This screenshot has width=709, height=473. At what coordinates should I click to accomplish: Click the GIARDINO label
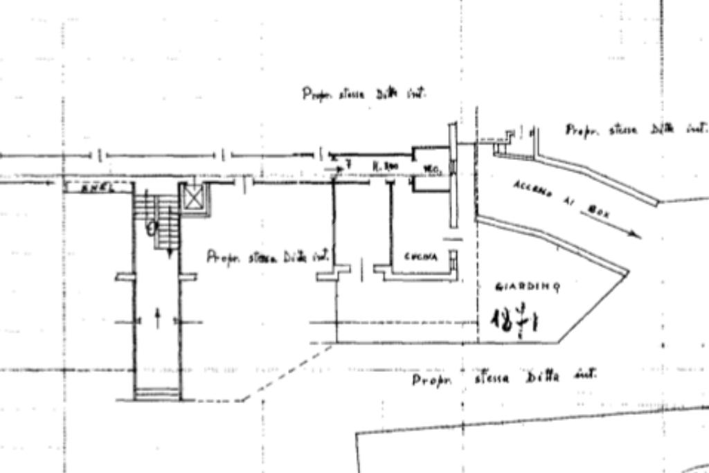pyautogui.click(x=528, y=286)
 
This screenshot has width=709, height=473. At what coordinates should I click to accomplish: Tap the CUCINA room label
pyautogui.click(x=421, y=257)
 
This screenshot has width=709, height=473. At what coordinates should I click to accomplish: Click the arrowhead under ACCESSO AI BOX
pyautogui.click(x=635, y=235)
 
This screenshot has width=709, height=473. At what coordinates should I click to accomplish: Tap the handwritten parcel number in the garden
pyautogui.click(x=516, y=319)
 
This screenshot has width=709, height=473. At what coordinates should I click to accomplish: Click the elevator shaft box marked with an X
pyautogui.click(x=194, y=198)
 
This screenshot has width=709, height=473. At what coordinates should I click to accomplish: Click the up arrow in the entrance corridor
pyautogui.click(x=157, y=318)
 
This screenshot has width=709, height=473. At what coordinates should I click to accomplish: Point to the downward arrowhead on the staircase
pyautogui.click(x=169, y=253)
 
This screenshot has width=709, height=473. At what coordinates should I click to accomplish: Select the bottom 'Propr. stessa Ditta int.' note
pyautogui.click(x=503, y=378)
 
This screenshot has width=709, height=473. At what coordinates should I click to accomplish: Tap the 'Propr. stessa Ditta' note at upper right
pyautogui.click(x=636, y=130)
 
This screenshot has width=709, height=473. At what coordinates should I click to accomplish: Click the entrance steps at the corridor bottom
pyautogui.click(x=157, y=394)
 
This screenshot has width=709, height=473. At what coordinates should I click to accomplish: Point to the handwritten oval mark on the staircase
pyautogui.click(x=153, y=226)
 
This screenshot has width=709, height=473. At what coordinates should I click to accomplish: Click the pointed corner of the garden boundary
pyautogui.click(x=627, y=272)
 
